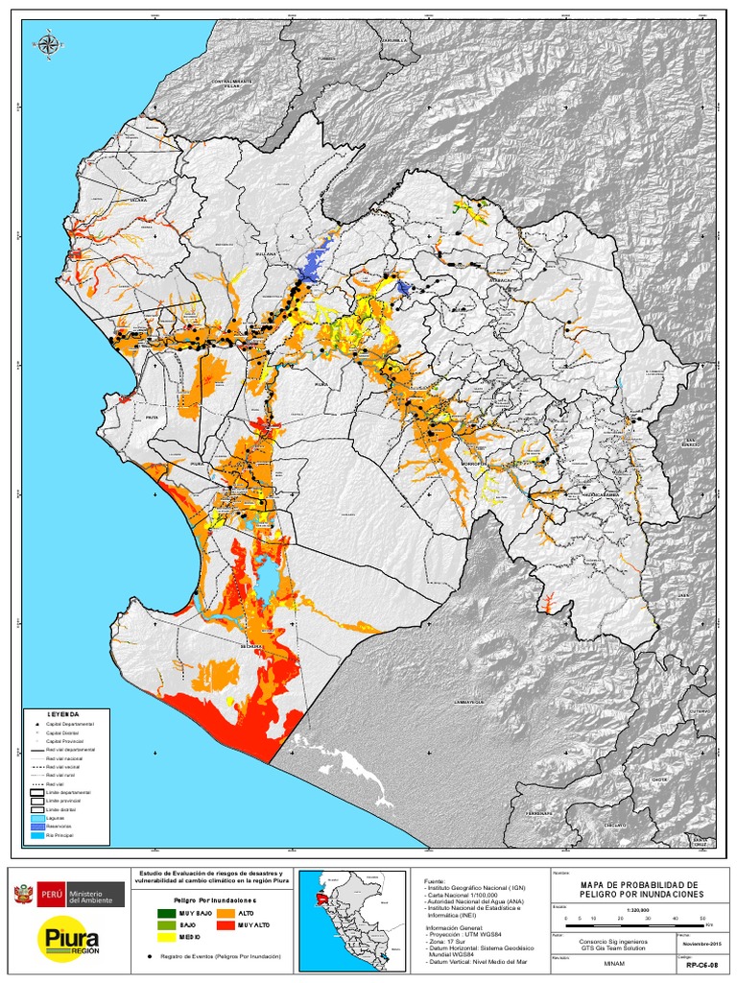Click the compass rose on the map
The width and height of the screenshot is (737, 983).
46,43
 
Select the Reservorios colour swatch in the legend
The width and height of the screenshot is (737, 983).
37,827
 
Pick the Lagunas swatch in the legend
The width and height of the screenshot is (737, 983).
37,818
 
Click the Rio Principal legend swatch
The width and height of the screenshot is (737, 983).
37,836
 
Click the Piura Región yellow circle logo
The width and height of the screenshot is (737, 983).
59,938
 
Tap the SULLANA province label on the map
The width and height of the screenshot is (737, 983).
264,254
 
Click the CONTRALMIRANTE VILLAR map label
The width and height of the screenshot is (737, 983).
233,84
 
